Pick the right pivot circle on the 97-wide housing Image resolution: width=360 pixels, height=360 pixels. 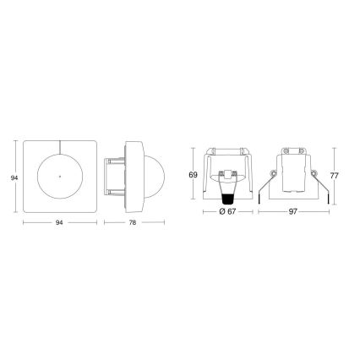pyautogui.click(x=309, y=177)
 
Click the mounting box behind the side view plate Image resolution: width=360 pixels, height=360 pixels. pyautogui.click(x=112, y=177)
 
